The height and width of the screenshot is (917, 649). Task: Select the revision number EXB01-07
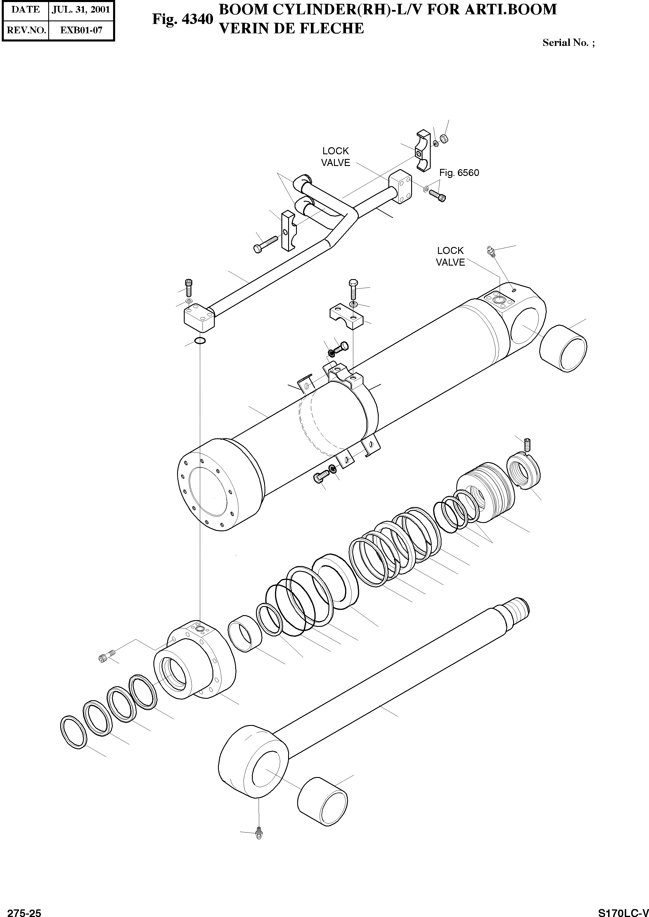81,30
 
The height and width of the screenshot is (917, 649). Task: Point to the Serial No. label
568,43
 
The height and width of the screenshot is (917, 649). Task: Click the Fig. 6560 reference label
459,173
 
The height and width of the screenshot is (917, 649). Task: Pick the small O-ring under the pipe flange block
200,340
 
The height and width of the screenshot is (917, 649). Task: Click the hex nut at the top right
443,139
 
